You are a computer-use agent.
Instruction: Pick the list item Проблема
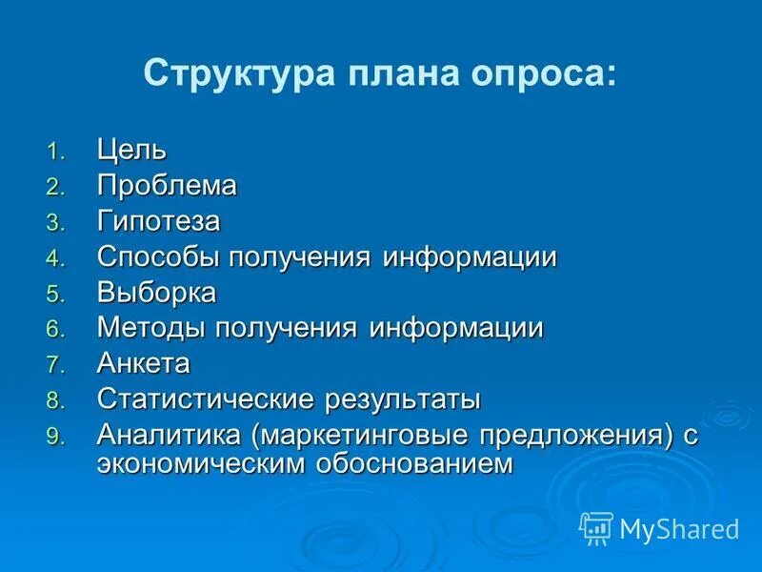point(167,185)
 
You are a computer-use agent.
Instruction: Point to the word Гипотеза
point(158,221)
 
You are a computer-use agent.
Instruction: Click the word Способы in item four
point(157,257)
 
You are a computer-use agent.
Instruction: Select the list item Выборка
point(156,293)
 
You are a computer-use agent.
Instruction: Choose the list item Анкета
point(144,363)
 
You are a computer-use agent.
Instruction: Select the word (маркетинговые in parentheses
point(357,435)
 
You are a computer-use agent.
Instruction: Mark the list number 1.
point(54,152)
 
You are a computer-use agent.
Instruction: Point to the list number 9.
point(54,437)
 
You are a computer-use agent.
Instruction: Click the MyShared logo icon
point(596,527)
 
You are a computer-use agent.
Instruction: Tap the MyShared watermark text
point(679,528)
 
